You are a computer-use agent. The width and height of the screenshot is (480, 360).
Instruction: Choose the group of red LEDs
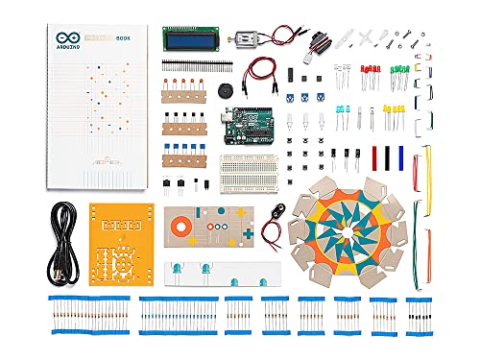pyautogui.click(x=371, y=74)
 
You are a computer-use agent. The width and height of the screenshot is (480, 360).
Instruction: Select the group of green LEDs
pyautogui.click(x=398, y=74)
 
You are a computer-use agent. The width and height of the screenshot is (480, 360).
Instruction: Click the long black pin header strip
pyautogui.click(x=196, y=65)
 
